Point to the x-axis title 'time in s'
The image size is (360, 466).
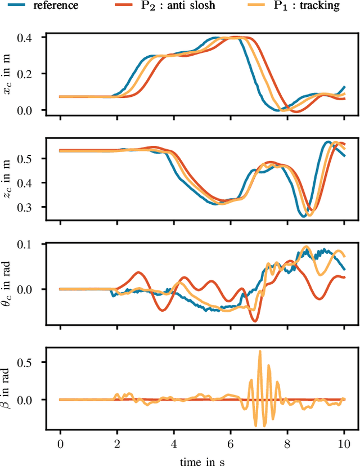tap(202, 459)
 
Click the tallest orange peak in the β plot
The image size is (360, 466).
tap(260, 351)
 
